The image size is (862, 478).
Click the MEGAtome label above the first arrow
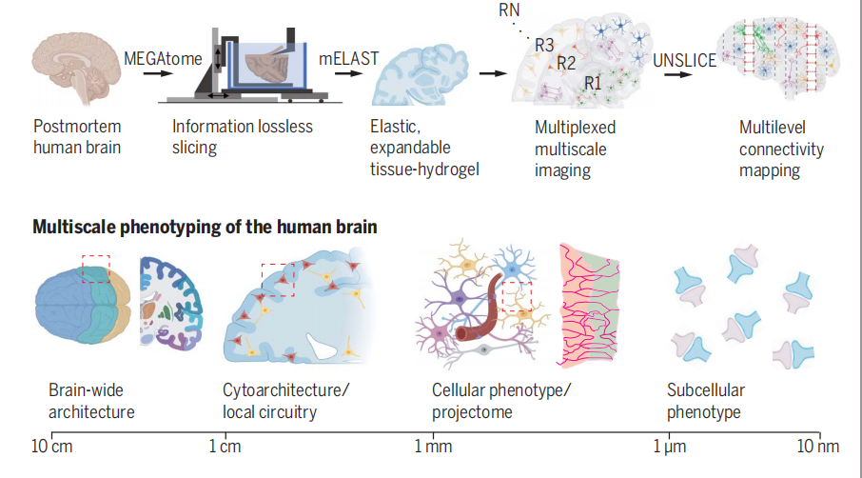pyautogui.click(x=163, y=59)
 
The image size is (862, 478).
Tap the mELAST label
pyautogui.click(x=348, y=59)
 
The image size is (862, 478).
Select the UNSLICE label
pyautogui.click(x=685, y=61)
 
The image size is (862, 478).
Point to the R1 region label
pyautogui.click(x=593, y=83)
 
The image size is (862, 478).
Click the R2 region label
pyautogui.click(x=567, y=64)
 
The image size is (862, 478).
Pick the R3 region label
pyautogui.click(x=544, y=45)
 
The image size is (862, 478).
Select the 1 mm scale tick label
pyautogui.click(x=433, y=447)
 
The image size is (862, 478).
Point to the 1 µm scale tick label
pyautogui.click(x=670, y=447)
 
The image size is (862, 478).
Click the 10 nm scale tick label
pyautogui.click(x=819, y=447)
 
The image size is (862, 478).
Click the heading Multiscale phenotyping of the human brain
pyautogui.click(x=205, y=228)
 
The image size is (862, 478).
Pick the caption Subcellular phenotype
pyautogui.click(x=705, y=401)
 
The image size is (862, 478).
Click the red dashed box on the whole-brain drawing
pyautogui.click(x=97, y=269)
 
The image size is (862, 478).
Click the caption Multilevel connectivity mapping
pyautogui.click(x=781, y=149)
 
